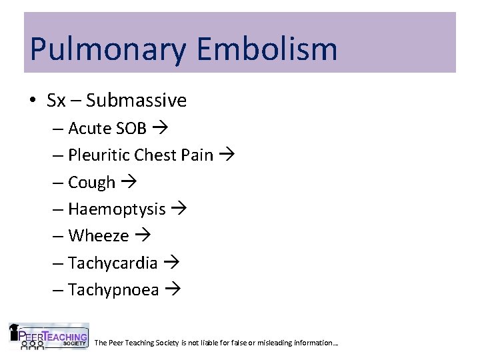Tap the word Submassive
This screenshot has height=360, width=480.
[136, 101]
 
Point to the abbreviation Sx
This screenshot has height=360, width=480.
[56, 101]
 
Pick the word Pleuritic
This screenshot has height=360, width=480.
[99, 155]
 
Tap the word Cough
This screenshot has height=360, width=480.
[92, 182]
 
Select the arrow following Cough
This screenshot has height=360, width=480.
[127, 182]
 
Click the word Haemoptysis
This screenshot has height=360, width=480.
[117, 209]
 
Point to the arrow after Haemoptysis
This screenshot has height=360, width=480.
[178, 209]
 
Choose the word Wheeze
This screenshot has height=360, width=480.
[98, 236]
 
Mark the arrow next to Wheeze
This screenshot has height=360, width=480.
[141, 236]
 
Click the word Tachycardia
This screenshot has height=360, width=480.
[113, 263]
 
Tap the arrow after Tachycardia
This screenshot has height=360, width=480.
[171, 263]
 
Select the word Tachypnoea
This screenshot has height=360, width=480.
[113, 290]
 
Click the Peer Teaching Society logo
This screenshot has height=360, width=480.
[48, 336]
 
